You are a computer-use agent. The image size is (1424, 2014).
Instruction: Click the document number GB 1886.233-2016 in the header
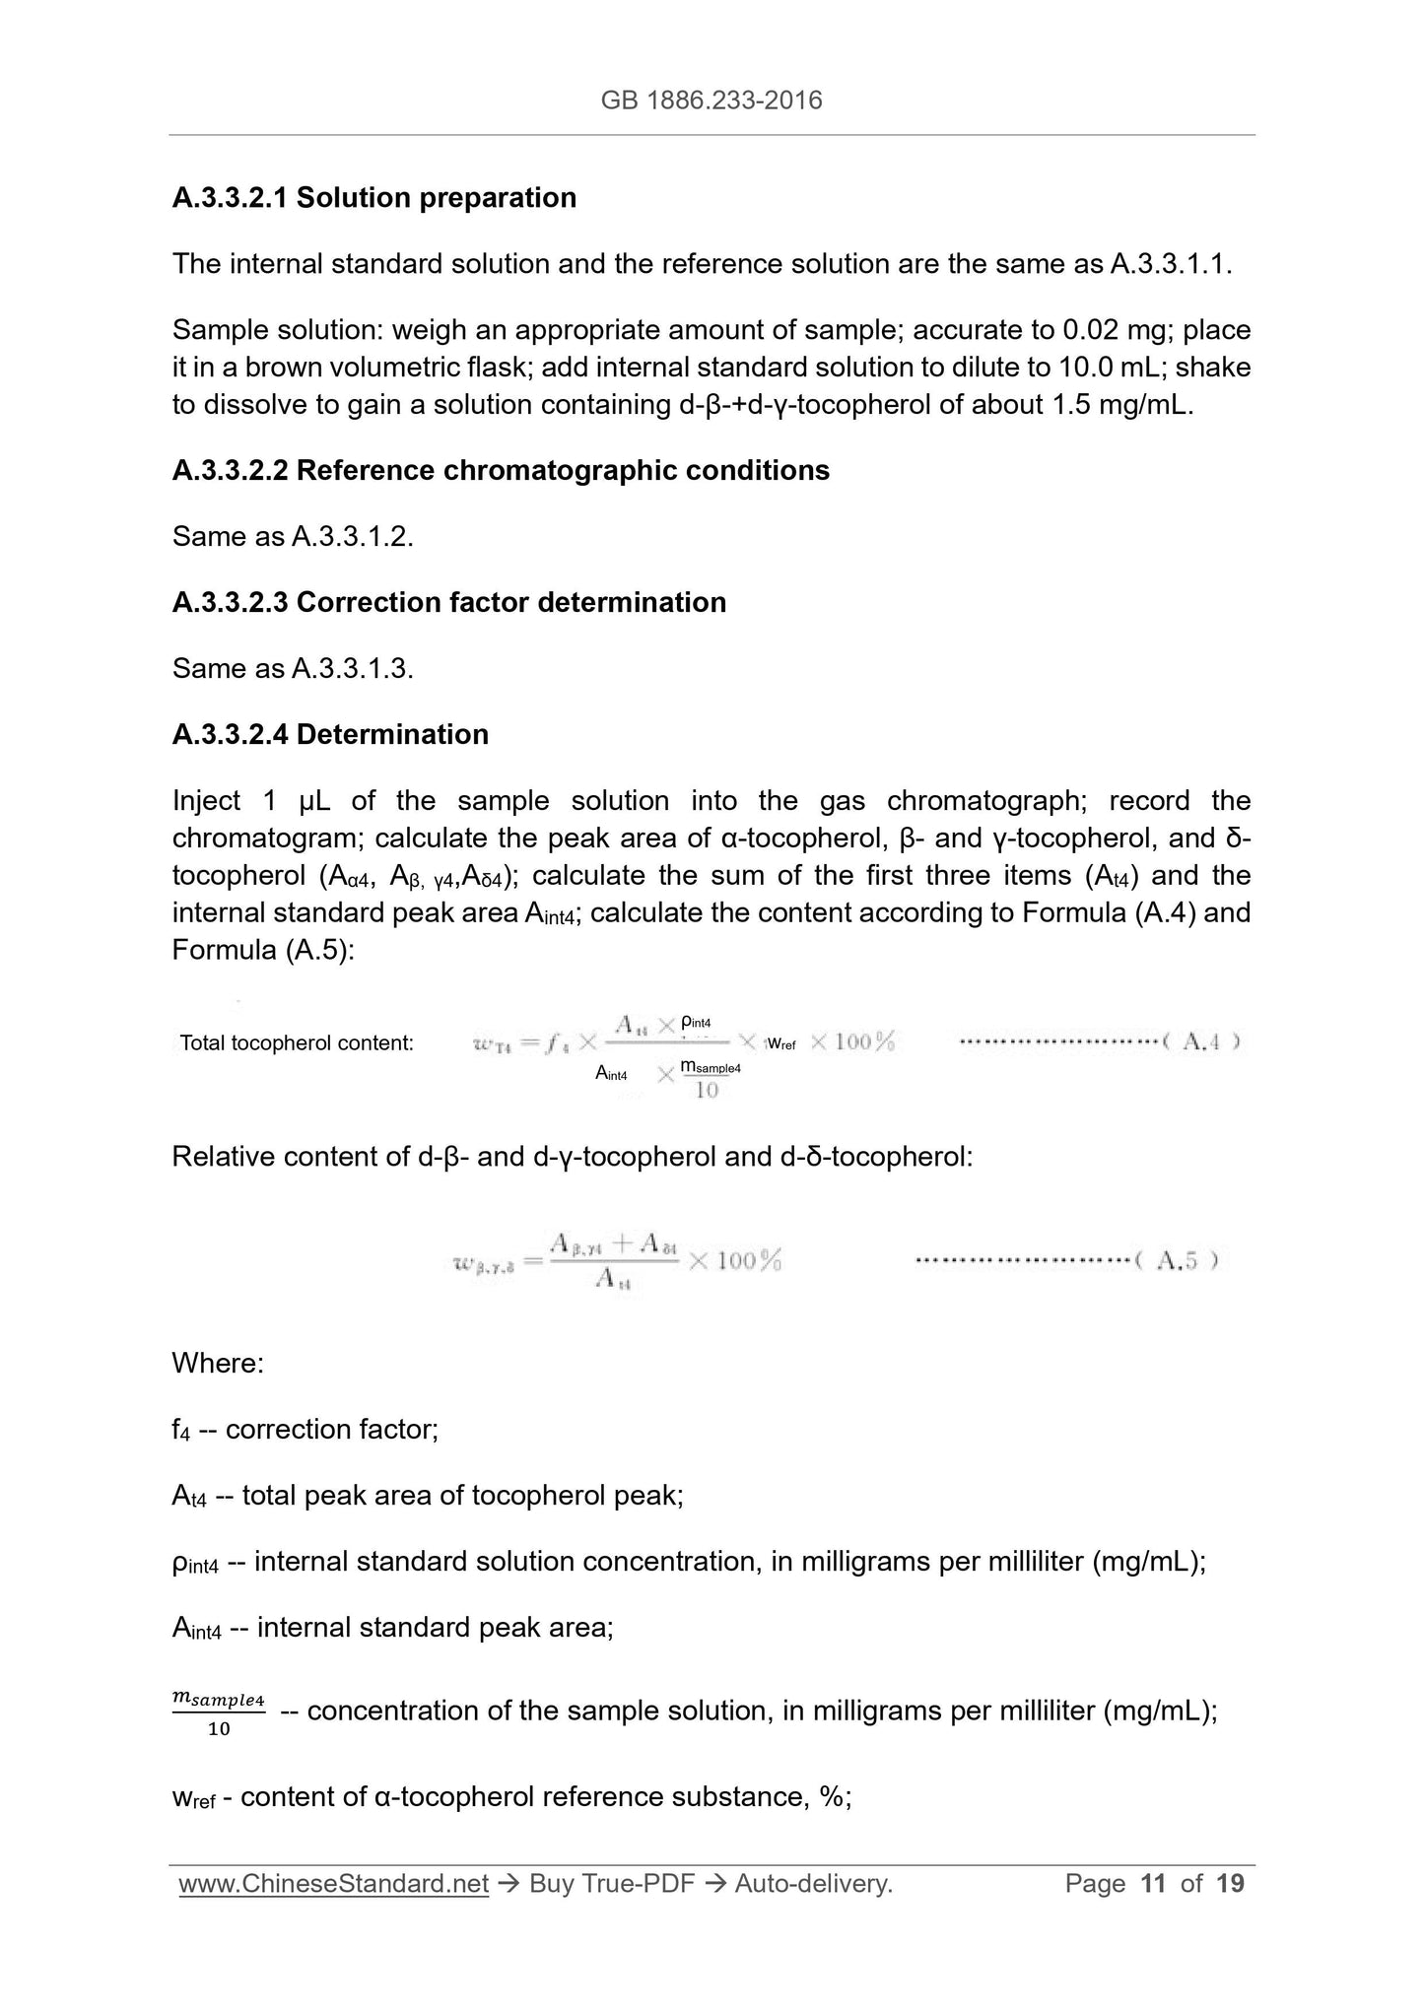(712, 100)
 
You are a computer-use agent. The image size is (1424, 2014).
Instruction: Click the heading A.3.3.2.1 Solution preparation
(374, 198)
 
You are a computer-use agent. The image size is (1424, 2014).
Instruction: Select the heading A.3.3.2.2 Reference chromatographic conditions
(501, 471)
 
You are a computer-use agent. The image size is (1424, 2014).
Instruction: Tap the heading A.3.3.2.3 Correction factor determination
(448, 602)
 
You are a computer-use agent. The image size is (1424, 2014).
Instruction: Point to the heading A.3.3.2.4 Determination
(330, 734)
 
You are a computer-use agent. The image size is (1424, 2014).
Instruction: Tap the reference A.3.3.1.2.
(353, 537)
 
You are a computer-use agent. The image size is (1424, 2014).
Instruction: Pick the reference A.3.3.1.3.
(353, 669)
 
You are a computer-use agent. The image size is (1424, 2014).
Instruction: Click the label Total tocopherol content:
(297, 1042)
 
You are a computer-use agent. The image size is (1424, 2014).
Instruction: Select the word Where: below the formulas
(218, 1364)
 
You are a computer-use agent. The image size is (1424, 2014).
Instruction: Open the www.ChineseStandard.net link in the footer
(334, 1884)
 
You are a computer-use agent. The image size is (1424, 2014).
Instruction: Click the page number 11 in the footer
(1153, 1884)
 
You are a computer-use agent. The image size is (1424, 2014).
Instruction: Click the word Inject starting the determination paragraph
(206, 801)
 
